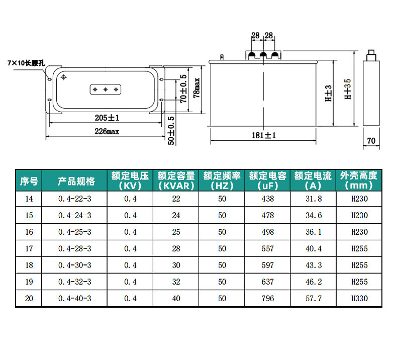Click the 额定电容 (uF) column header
(x=268, y=181)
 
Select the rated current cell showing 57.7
(x=314, y=299)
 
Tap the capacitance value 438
(x=268, y=199)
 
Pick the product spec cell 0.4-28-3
(x=75, y=249)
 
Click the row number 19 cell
(x=29, y=282)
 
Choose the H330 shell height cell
(x=359, y=299)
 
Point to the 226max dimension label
(x=107, y=131)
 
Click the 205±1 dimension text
(x=107, y=118)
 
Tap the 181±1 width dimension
(x=263, y=135)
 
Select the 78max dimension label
(x=196, y=87)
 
